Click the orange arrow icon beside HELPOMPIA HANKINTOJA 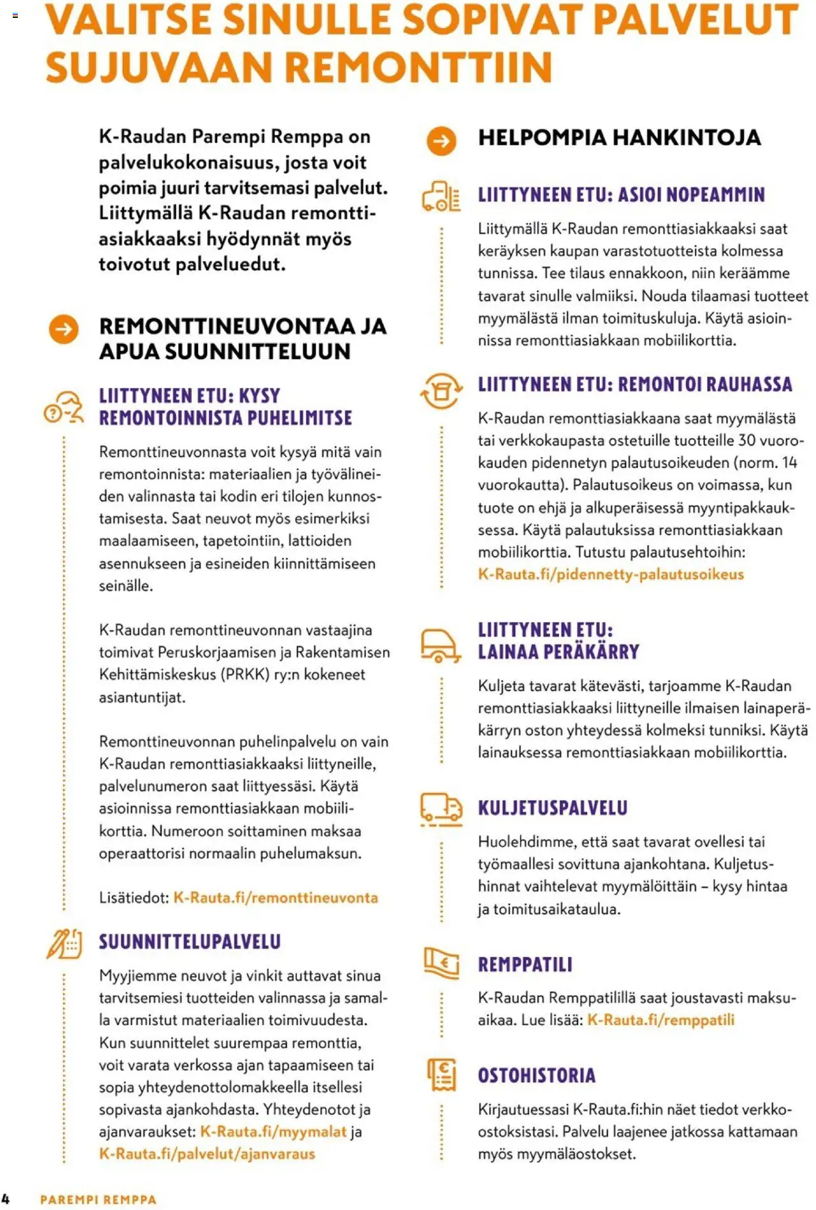point(441,141)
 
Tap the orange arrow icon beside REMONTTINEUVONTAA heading point(64,329)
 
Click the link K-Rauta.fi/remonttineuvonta point(275,898)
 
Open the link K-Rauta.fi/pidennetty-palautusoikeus point(611,574)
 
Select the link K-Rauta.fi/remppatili point(660,1020)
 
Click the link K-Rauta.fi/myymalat point(273,1132)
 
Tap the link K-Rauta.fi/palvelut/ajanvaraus point(207,1154)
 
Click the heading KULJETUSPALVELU point(553,808)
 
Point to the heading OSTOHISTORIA point(537,1076)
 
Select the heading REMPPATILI point(525,965)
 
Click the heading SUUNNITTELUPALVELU point(189,942)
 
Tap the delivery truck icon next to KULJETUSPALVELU point(441,809)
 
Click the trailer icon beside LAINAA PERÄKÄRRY point(440,645)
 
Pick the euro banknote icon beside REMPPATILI point(442,962)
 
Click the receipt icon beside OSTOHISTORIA point(442,1075)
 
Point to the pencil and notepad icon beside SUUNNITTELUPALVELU point(64,944)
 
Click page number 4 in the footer point(6,1199)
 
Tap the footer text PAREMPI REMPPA point(98,1200)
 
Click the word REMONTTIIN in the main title point(418,68)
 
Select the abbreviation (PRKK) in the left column point(245,674)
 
